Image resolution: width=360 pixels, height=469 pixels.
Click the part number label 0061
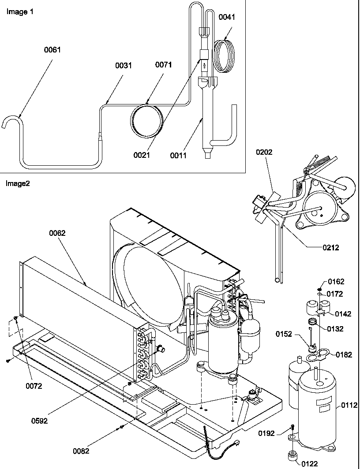pyautogui.click(x=52, y=50)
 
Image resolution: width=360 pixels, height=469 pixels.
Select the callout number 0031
pyautogui.click(x=124, y=66)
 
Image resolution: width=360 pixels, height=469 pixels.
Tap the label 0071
pyautogui.click(x=163, y=65)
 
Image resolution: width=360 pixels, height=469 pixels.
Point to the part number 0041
pyautogui.click(x=227, y=17)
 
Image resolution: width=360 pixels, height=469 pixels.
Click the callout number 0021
pyautogui.click(x=142, y=155)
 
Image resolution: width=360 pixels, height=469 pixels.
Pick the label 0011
pyautogui.click(x=179, y=155)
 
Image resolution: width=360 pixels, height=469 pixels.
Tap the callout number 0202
pyautogui.click(x=264, y=152)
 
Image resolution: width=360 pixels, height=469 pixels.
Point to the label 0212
pyautogui.click(x=331, y=248)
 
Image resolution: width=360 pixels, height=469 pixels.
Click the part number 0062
pyautogui.click(x=57, y=233)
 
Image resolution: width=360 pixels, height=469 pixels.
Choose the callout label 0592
pyautogui.click(x=39, y=421)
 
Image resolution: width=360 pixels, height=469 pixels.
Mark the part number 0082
pyautogui.click(x=81, y=451)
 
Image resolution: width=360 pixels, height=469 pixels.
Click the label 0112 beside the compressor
pyautogui.click(x=349, y=406)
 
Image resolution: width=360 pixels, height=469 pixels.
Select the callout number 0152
pyautogui.click(x=297, y=334)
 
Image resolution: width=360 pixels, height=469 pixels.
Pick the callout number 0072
pyautogui.click(x=34, y=386)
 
